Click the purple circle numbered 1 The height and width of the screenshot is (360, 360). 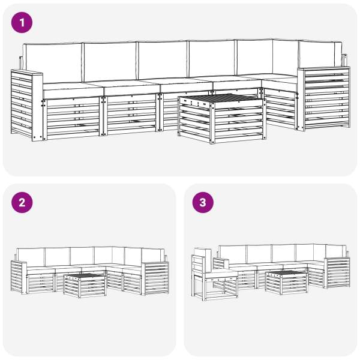[x=22, y=23]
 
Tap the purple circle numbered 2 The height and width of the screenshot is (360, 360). [x=22, y=203]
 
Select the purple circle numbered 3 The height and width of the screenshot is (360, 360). [x=203, y=203]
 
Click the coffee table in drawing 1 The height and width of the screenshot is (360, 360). [x=222, y=118]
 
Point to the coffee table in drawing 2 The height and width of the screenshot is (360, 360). [x=85, y=285]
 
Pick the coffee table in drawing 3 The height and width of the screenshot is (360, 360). [x=286, y=283]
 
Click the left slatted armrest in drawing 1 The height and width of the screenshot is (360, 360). [x=26, y=105]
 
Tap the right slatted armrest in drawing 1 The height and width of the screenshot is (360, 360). [x=324, y=99]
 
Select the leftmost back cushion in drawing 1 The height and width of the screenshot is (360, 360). [x=53, y=62]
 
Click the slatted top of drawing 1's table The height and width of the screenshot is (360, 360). [x=222, y=98]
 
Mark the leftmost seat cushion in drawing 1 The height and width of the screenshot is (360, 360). [x=73, y=90]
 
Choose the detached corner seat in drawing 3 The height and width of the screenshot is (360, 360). [x=214, y=275]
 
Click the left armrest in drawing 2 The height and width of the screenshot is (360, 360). [x=19, y=277]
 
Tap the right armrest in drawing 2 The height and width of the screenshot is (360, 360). [x=155, y=278]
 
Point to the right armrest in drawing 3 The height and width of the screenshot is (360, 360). [x=337, y=273]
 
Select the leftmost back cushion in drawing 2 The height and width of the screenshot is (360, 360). [x=31, y=257]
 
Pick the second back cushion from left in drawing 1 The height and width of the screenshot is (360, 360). [x=110, y=62]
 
